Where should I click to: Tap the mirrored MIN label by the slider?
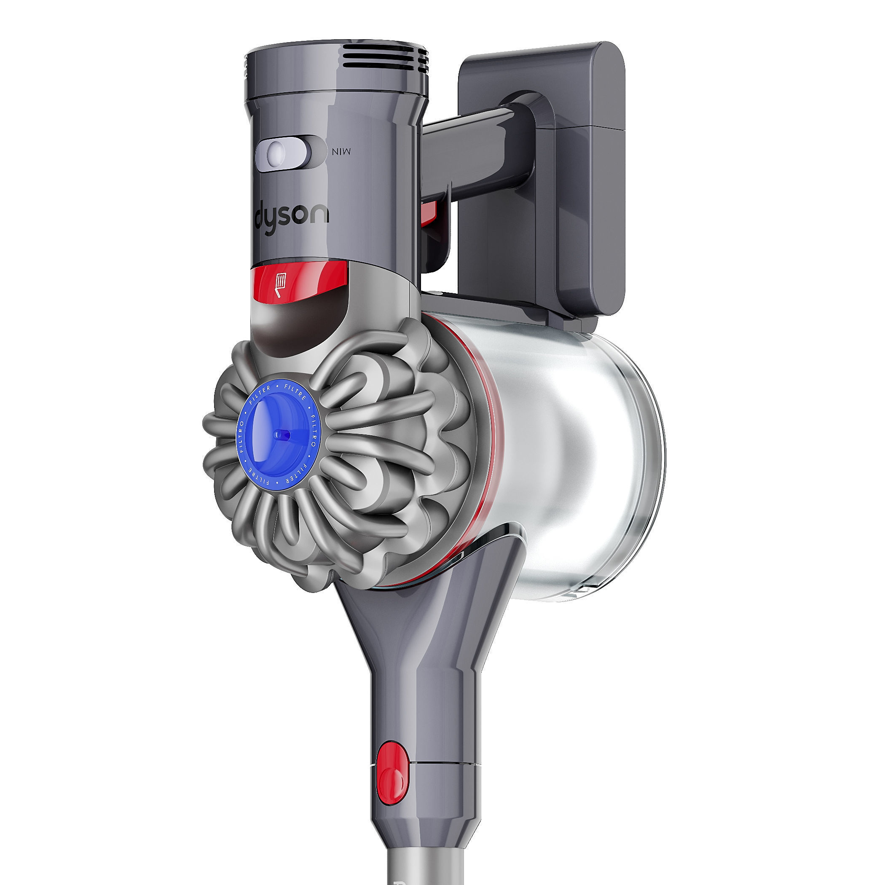[x=341, y=152]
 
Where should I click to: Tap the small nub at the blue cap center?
[x=280, y=434]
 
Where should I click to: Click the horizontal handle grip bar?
[x=472, y=151]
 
